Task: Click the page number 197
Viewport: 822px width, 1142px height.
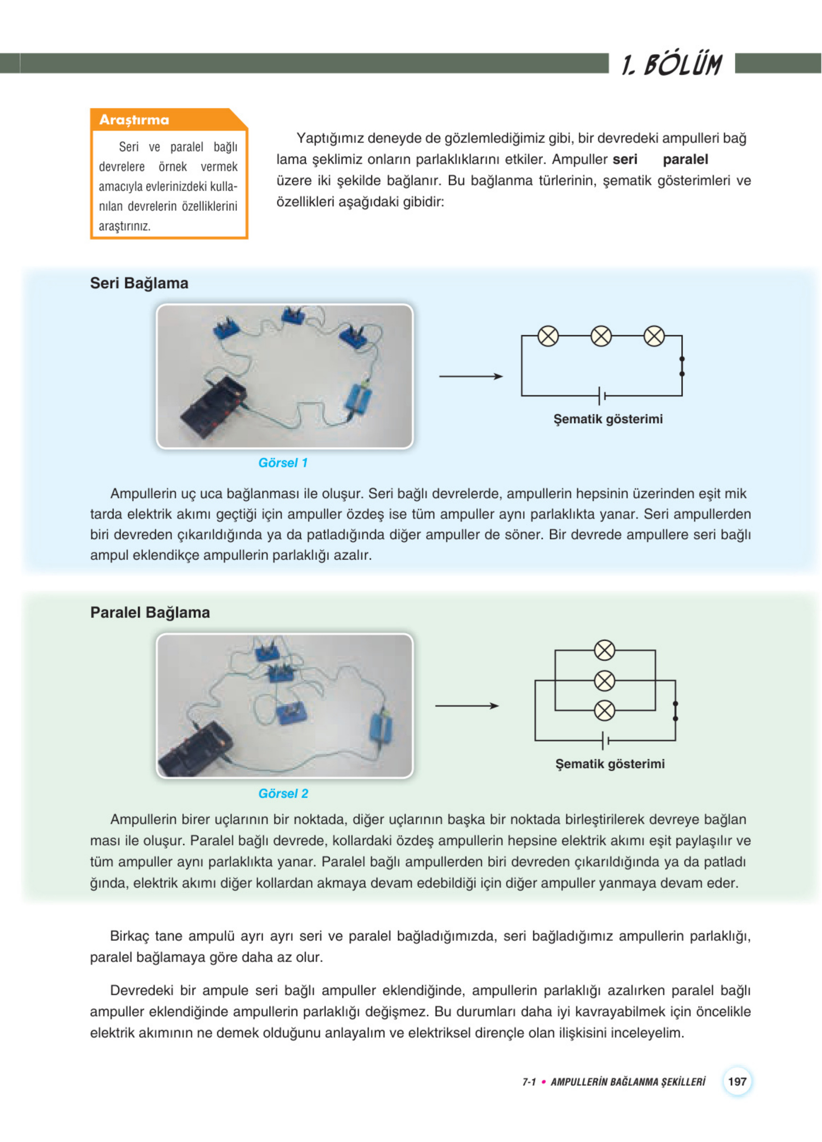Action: [x=737, y=1081]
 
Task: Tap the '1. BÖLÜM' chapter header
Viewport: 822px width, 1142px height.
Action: [x=672, y=65]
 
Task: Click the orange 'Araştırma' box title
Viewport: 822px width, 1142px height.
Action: [x=134, y=120]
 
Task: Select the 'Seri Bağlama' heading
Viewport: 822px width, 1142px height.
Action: [x=139, y=283]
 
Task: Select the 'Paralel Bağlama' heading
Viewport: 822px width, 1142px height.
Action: [x=150, y=612]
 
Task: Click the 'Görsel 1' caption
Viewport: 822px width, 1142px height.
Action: [x=283, y=463]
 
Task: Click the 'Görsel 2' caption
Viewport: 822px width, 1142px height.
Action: [x=283, y=793]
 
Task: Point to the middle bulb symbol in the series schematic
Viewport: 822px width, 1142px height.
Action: [x=601, y=336]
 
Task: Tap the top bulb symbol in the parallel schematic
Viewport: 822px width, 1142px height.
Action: [x=604, y=650]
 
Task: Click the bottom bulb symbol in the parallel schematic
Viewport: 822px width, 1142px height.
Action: [x=604, y=710]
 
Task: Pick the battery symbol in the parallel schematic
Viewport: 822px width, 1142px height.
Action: [x=606, y=741]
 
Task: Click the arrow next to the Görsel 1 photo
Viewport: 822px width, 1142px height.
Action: [x=471, y=376]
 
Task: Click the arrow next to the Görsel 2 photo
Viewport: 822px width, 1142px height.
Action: [x=467, y=706]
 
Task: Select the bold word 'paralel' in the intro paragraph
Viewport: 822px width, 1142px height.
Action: [x=685, y=160]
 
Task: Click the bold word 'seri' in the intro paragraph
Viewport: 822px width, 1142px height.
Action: [x=625, y=160]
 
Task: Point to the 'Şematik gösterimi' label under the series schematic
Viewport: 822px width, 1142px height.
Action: [x=608, y=419]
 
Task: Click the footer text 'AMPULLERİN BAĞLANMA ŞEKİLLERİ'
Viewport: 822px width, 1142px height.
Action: [x=628, y=1082]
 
